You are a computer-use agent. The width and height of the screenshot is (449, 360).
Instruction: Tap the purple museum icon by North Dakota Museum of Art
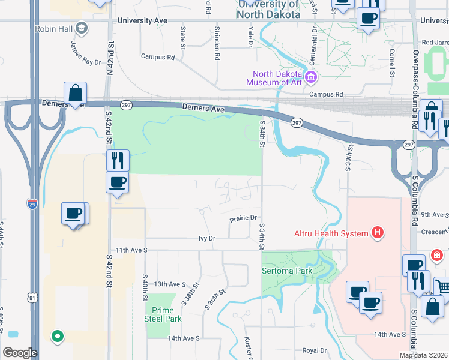pos(311,77)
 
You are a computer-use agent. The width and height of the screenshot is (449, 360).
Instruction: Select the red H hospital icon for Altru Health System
pos(378,232)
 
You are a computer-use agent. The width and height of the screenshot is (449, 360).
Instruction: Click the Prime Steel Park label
pos(163,314)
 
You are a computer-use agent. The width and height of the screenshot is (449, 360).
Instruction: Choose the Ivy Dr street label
pos(207,238)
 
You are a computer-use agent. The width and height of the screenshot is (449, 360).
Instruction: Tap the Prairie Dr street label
pos(243,218)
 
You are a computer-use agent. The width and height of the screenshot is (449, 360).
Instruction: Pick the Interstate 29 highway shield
pos(32,204)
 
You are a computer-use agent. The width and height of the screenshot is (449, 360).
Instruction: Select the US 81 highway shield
pos(32,297)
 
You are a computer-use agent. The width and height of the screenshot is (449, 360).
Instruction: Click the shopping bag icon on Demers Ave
pos(76,94)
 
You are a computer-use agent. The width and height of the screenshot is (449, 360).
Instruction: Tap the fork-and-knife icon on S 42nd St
pos(118,160)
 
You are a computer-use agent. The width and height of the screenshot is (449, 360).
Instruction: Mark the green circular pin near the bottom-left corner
pos(58,337)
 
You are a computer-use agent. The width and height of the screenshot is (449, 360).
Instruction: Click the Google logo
pos(20,353)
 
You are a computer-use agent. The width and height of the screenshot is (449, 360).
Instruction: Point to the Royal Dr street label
pos(314,350)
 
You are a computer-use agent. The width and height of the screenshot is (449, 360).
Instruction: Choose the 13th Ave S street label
pos(170,284)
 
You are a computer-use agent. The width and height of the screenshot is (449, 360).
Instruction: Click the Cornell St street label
pos(391,63)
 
